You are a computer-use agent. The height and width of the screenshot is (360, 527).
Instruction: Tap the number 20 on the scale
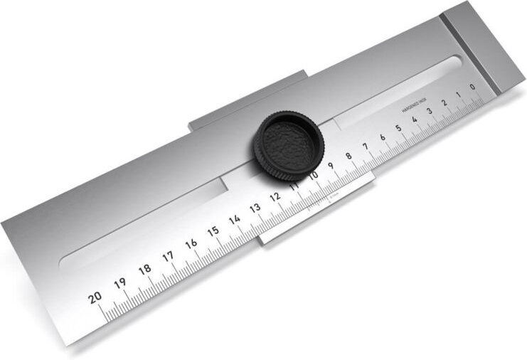(x=95, y=297)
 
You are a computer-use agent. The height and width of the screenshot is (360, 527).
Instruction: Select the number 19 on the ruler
(x=120, y=283)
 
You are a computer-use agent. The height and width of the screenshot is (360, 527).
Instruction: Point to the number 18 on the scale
(x=144, y=269)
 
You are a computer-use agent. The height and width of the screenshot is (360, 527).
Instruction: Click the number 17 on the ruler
(x=168, y=256)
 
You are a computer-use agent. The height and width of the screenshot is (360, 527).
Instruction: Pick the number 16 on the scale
(x=191, y=243)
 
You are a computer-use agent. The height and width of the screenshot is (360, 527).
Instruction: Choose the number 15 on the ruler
(x=213, y=231)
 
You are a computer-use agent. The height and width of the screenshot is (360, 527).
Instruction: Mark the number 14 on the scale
(x=234, y=219)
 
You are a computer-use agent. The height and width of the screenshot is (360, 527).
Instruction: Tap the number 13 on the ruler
(x=255, y=208)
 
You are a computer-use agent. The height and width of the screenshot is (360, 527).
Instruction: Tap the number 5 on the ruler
(x=398, y=128)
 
